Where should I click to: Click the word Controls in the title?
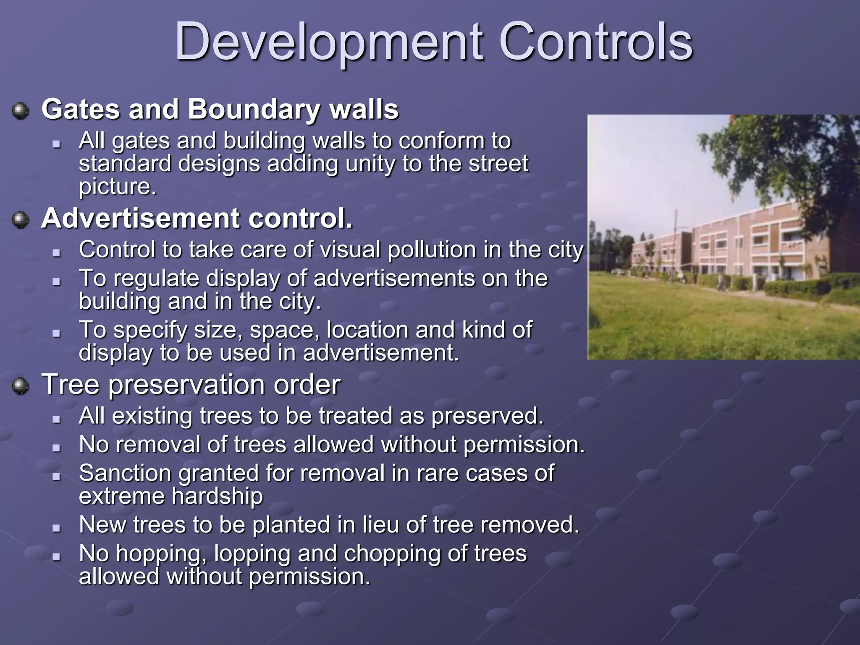pos(595,42)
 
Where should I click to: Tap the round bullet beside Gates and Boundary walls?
pos(20,111)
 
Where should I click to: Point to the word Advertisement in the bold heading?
pos(140,218)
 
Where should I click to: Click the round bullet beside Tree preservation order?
pos(20,385)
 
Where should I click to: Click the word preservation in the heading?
pos(187,385)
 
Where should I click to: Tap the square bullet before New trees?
pos(57,528)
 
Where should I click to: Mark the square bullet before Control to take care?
pos(57,253)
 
